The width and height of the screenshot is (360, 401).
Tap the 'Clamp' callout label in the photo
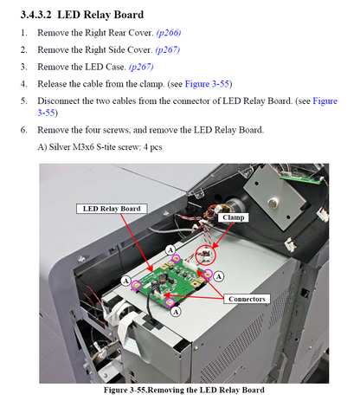pos(233,218)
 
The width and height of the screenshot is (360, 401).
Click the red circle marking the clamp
pos(206,255)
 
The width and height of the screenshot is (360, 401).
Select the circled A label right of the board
pos(218,276)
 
